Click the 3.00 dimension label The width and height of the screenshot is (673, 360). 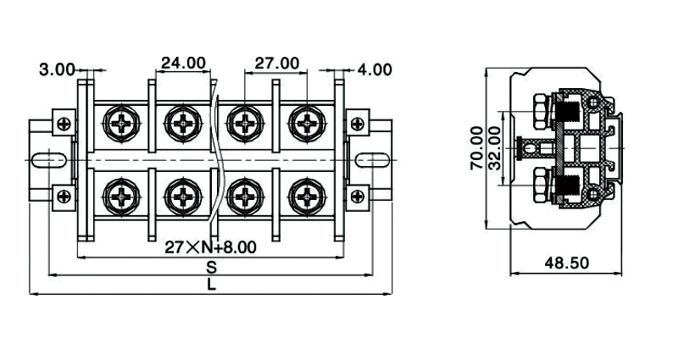[57, 69]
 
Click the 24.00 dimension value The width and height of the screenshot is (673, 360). [183, 63]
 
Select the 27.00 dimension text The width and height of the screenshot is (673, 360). [277, 63]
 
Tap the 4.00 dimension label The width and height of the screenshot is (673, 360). [375, 69]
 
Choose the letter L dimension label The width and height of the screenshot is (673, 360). [211, 285]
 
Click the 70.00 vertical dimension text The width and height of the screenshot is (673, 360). [476, 148]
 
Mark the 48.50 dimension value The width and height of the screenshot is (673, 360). [566, 263]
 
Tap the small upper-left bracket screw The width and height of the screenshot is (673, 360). [63, 124]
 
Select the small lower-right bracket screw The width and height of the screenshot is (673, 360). [360, 197]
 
